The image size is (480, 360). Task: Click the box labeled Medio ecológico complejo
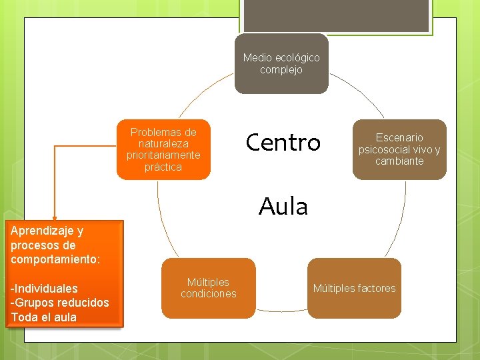click(281, 63)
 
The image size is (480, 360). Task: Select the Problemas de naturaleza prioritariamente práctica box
click(163, 149)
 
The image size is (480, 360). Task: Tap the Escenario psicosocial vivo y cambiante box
click(399, 149)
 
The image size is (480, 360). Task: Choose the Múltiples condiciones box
click(208, 288)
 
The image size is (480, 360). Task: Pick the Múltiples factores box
click(354, 288)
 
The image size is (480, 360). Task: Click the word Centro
click(283, 143)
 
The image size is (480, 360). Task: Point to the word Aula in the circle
click(283, 207)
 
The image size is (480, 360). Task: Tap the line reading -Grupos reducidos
click(60, 303)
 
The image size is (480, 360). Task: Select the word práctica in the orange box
click(163, 167)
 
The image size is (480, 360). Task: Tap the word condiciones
click(208, 294)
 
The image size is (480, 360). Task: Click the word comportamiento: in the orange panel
click(55, 259)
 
